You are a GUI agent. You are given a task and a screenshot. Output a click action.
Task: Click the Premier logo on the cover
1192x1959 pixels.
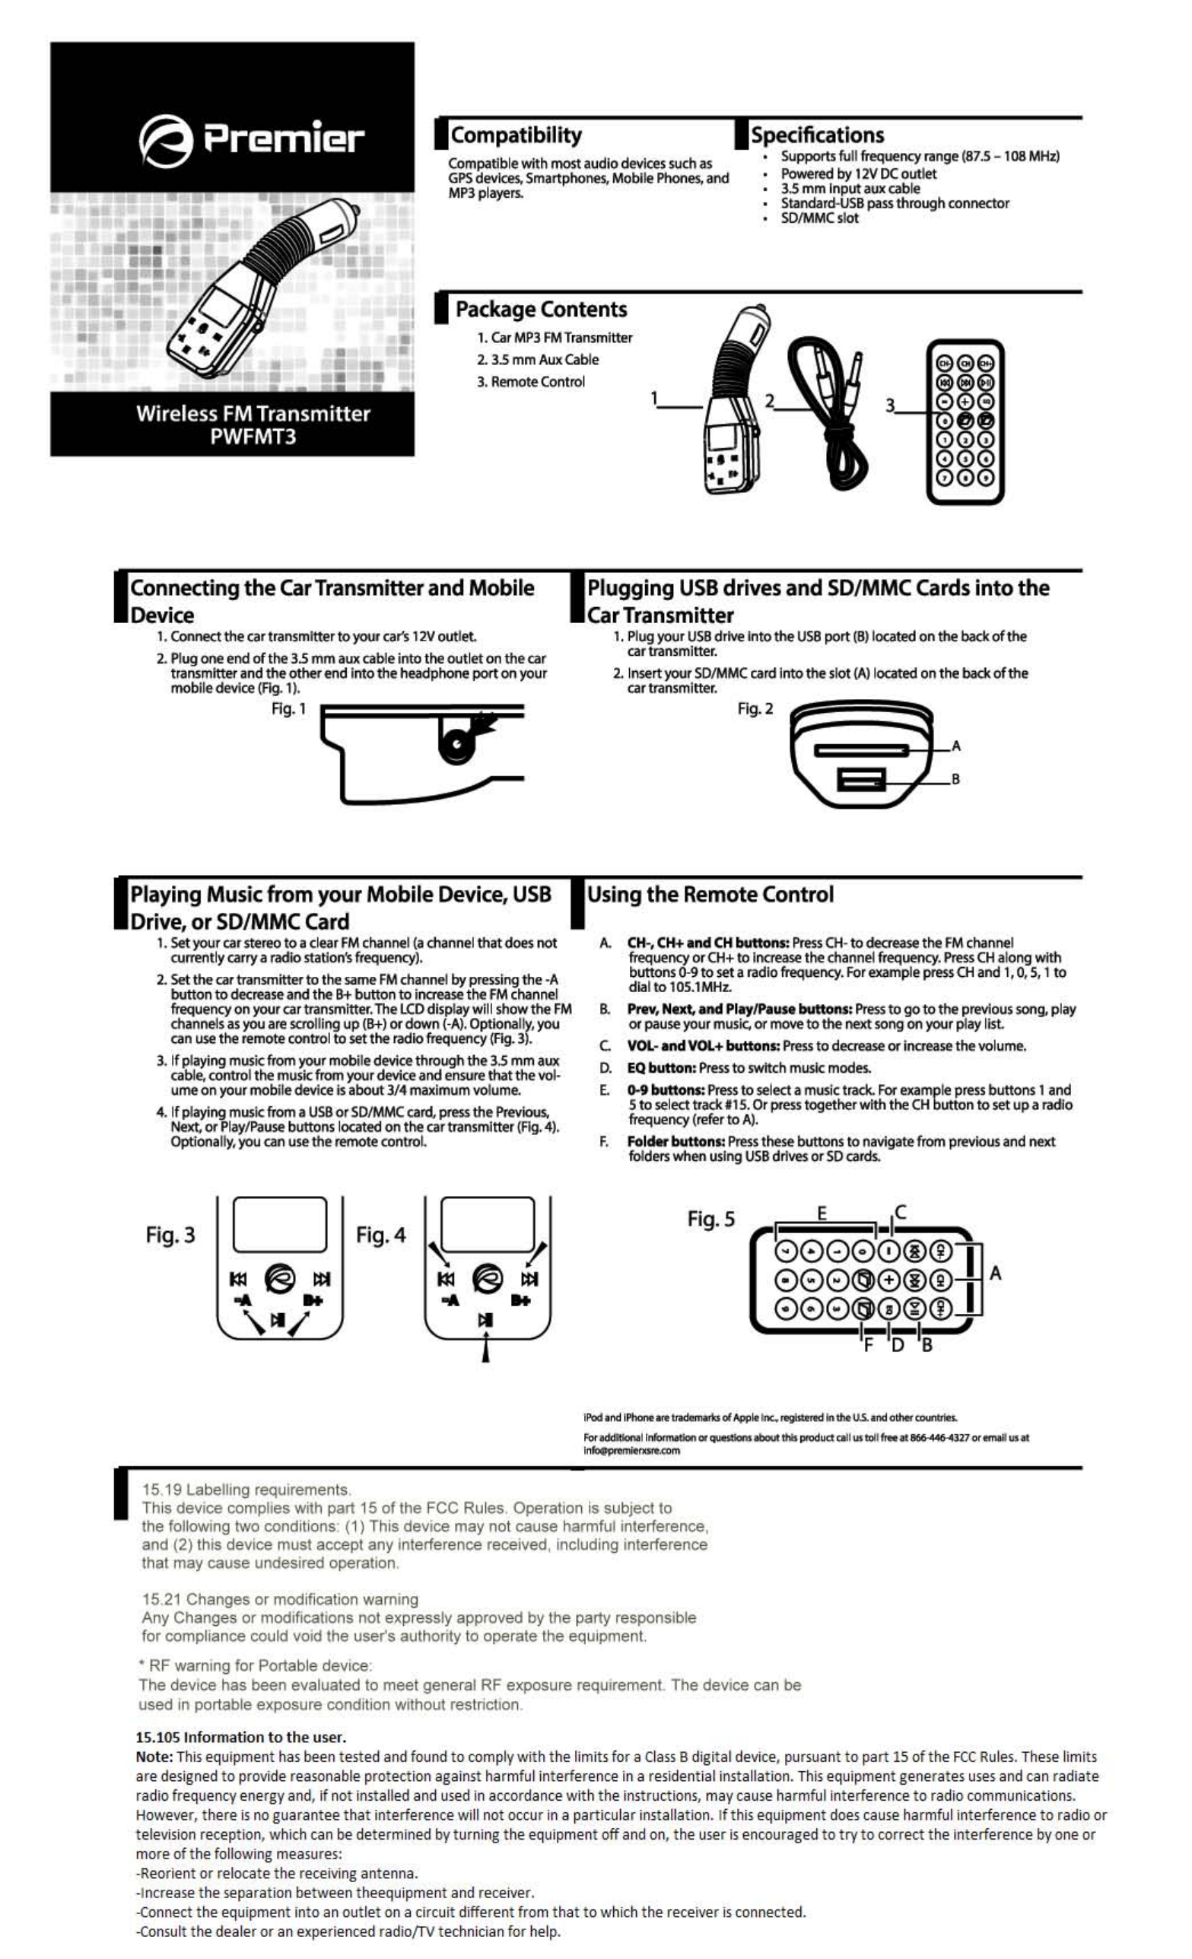250,141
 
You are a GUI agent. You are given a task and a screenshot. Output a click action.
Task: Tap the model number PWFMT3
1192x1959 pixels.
253,437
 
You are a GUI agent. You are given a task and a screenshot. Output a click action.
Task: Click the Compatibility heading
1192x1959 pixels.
516,135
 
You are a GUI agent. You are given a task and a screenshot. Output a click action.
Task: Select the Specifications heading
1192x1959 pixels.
817,135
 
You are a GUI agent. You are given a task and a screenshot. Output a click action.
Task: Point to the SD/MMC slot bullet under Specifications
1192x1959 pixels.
819,218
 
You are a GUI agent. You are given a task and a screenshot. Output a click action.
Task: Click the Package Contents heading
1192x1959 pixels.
541,310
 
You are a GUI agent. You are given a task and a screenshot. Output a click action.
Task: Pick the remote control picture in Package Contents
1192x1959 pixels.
965,422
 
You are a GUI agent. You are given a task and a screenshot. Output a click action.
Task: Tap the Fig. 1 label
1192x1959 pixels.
288,708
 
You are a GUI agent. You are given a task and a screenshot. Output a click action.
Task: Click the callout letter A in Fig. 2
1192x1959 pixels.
956,746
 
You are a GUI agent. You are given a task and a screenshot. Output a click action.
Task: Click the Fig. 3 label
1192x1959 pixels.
170,1235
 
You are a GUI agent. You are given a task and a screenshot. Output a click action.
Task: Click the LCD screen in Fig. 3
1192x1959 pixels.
279,1225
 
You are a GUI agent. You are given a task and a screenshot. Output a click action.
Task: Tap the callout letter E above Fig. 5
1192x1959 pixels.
822,1213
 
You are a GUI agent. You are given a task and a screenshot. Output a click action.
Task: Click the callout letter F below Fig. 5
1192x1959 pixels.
867,1344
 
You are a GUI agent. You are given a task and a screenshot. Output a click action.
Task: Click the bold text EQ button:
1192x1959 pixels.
662,1069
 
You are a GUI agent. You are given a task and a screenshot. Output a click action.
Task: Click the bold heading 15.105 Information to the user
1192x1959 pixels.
241,1737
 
